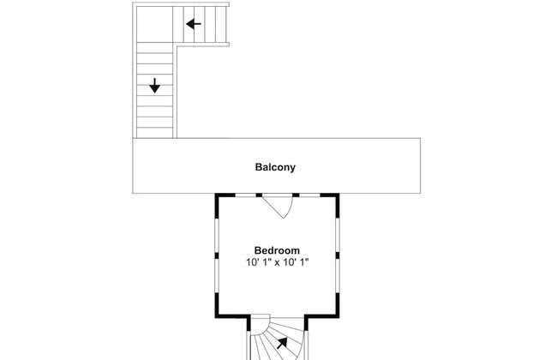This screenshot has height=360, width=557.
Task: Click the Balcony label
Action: (275, 167)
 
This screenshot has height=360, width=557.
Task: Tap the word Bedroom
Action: (276, 250)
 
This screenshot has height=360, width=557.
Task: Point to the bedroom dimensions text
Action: (276, 263)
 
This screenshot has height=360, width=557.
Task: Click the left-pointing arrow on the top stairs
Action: (194, 24)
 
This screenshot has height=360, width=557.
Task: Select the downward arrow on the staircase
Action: (154, 86)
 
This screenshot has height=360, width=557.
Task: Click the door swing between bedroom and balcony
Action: (278, 206)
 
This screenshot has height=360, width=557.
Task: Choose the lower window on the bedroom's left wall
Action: (216, 280)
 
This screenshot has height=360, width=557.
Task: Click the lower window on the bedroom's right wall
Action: (337, 280)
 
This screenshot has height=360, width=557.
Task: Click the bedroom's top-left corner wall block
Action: (218, 198)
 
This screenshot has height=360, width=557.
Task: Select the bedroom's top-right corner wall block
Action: (335, 198)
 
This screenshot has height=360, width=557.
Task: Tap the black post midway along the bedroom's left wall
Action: (216, 254)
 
